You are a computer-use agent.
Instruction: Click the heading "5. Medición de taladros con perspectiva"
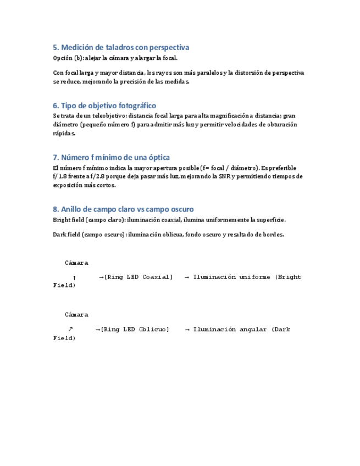tap(121, 47)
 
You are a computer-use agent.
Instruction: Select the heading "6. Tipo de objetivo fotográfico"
tap(104, 105)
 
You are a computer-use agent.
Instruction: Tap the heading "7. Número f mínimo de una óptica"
tap(111, 157)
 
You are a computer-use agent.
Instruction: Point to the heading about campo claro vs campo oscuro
tap(123, 209)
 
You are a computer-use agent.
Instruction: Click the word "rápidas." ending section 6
tap(64, 133)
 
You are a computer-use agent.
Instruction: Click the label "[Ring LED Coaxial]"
tap(138, 277)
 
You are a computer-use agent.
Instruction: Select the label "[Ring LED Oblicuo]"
tap(135, 329)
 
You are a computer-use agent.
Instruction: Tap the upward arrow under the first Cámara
tap(74, 278)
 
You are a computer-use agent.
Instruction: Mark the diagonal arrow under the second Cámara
tap(70, 329)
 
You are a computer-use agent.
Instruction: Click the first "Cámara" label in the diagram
tap(76, 263)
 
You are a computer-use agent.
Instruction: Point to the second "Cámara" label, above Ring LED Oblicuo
tap(76, 315)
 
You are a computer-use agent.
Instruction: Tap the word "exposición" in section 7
tap(69, 185)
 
